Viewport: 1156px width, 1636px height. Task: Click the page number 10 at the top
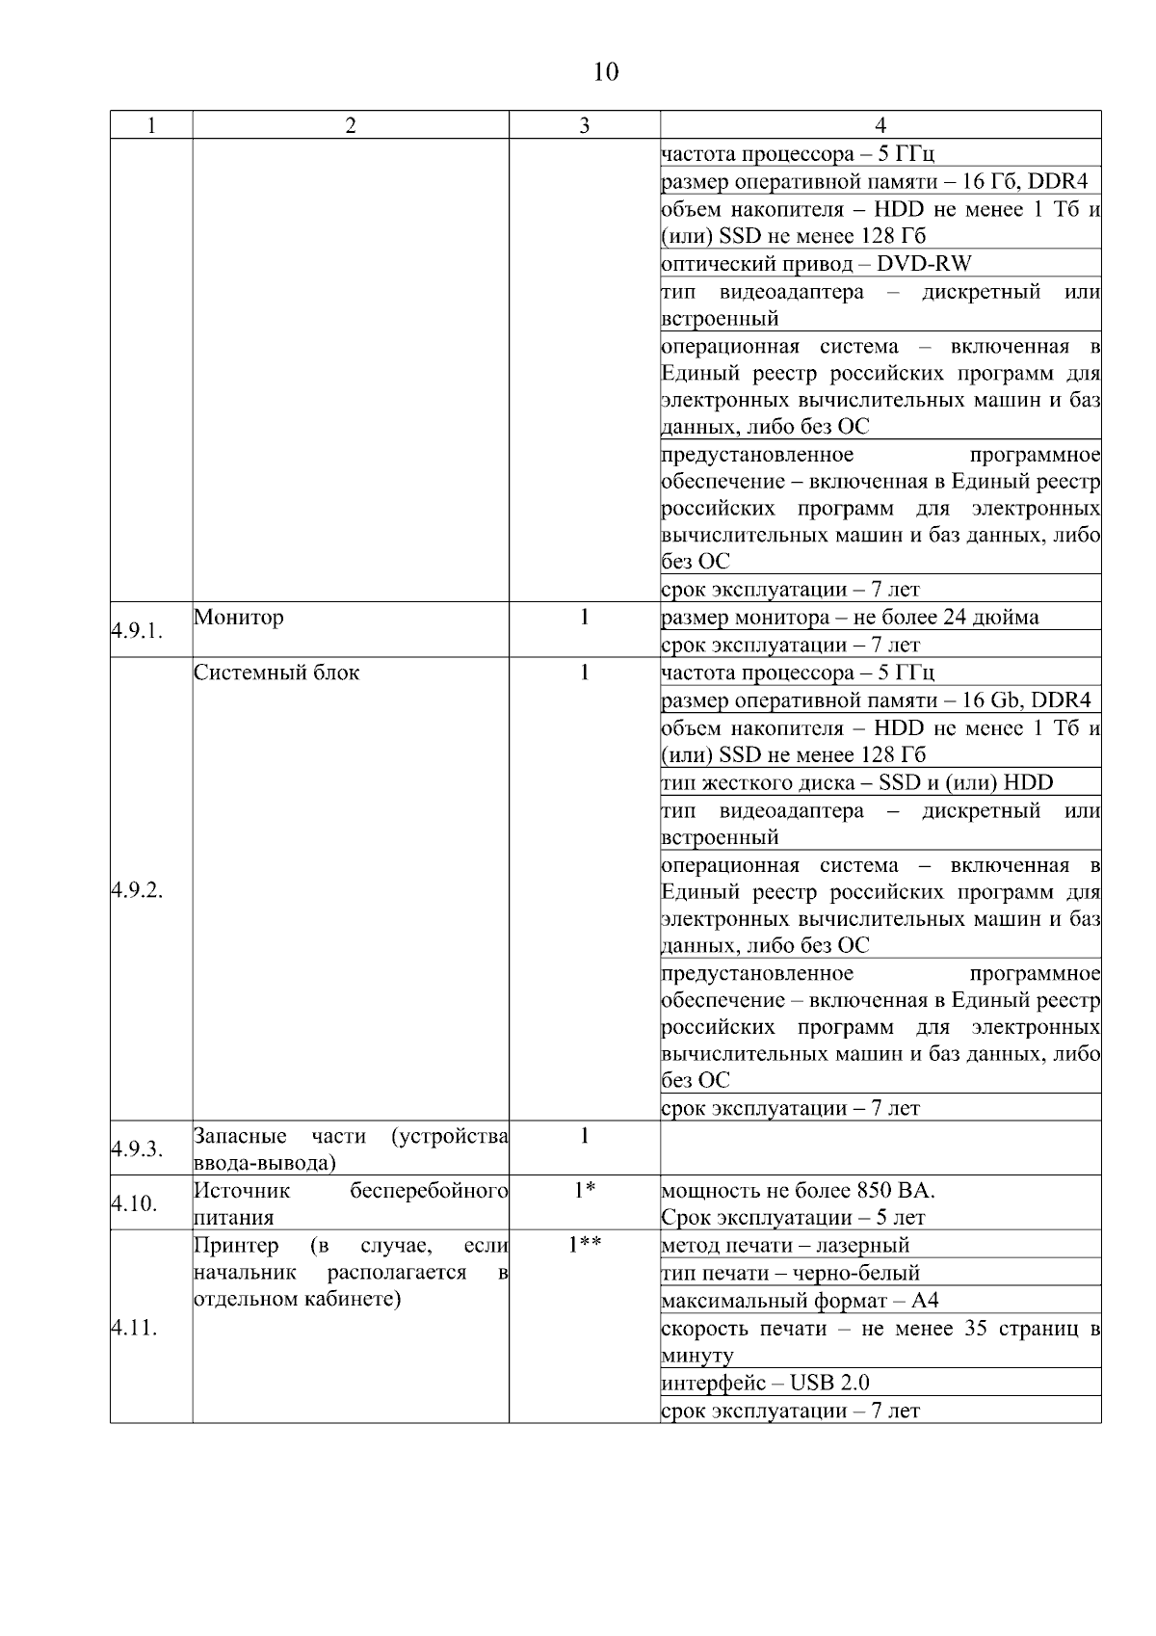tap(605, 72)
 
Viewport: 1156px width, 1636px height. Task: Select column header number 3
tap(584, 125)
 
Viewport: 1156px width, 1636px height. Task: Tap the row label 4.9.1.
tap(136, 631)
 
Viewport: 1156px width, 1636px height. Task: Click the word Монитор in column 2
tap(238, 617)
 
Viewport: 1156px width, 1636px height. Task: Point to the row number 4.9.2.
tap(136, 889)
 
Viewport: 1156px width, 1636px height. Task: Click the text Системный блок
tap(276, 673)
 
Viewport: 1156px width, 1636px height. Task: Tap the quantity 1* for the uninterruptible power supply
tap(584, 1190)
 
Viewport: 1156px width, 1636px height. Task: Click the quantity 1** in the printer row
tap(584, 1245)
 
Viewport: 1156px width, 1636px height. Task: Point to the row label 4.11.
tap(133, 1328)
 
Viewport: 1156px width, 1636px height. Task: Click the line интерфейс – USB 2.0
tap(765, 1383)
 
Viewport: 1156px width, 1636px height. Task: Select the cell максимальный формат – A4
tap(800, 1301)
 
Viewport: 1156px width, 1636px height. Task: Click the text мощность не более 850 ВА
tap(798, 1190)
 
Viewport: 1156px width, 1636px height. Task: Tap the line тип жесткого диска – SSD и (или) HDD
tap(856, 782)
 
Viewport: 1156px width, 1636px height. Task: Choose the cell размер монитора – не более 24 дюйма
tap(850, 617)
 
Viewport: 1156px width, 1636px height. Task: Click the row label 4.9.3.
tap(136, 1148)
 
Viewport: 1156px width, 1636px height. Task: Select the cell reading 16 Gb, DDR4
tap(875, 700)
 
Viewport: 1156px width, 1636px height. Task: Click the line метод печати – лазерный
tap(784, 1245)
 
